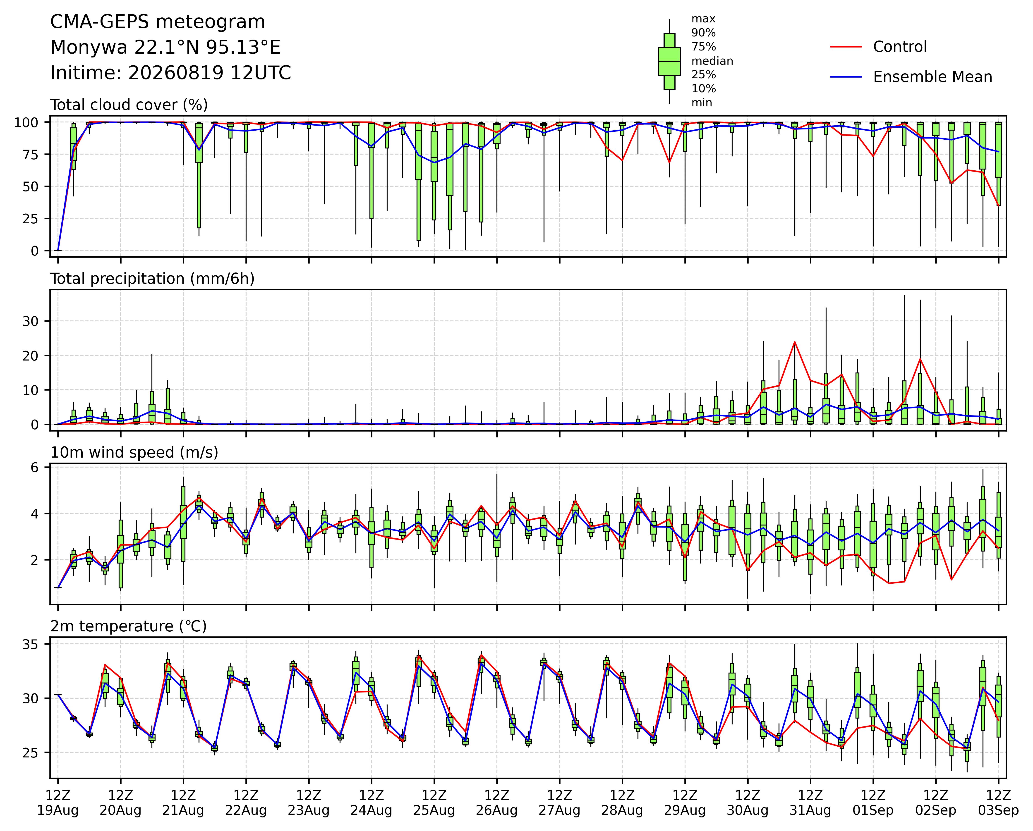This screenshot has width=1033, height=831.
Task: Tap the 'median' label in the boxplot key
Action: pyautogui.click(x=712, y=61)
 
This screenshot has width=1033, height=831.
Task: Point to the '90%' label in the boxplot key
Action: pyautogui.click(x=703, y=33)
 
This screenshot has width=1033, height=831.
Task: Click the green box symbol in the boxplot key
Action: pyautogui.click(x=669, y=61)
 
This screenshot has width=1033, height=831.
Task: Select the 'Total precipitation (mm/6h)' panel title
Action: pyautogui.click(x=152, y=279)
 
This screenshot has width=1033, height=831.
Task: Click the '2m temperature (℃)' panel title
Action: pyautogui.click(x=128, y=626)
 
